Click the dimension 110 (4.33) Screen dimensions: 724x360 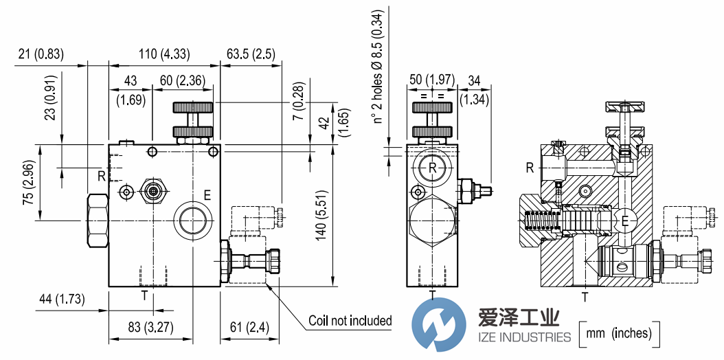164,54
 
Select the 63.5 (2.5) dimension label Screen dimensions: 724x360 251,54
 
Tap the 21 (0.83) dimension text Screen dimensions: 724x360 41,54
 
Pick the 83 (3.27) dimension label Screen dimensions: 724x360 150,328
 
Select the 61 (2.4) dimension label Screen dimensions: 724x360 250,328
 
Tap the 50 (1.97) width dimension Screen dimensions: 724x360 432,80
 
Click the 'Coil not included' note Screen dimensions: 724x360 350,320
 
